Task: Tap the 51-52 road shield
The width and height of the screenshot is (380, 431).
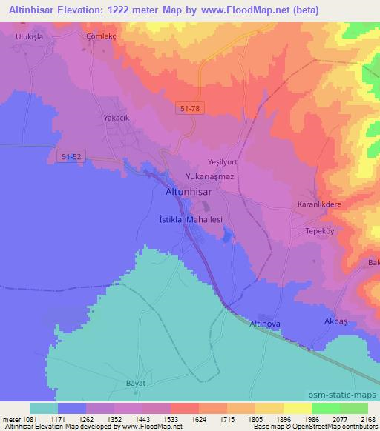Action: coord(68,156)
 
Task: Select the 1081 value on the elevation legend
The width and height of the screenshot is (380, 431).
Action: coord(24,419)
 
